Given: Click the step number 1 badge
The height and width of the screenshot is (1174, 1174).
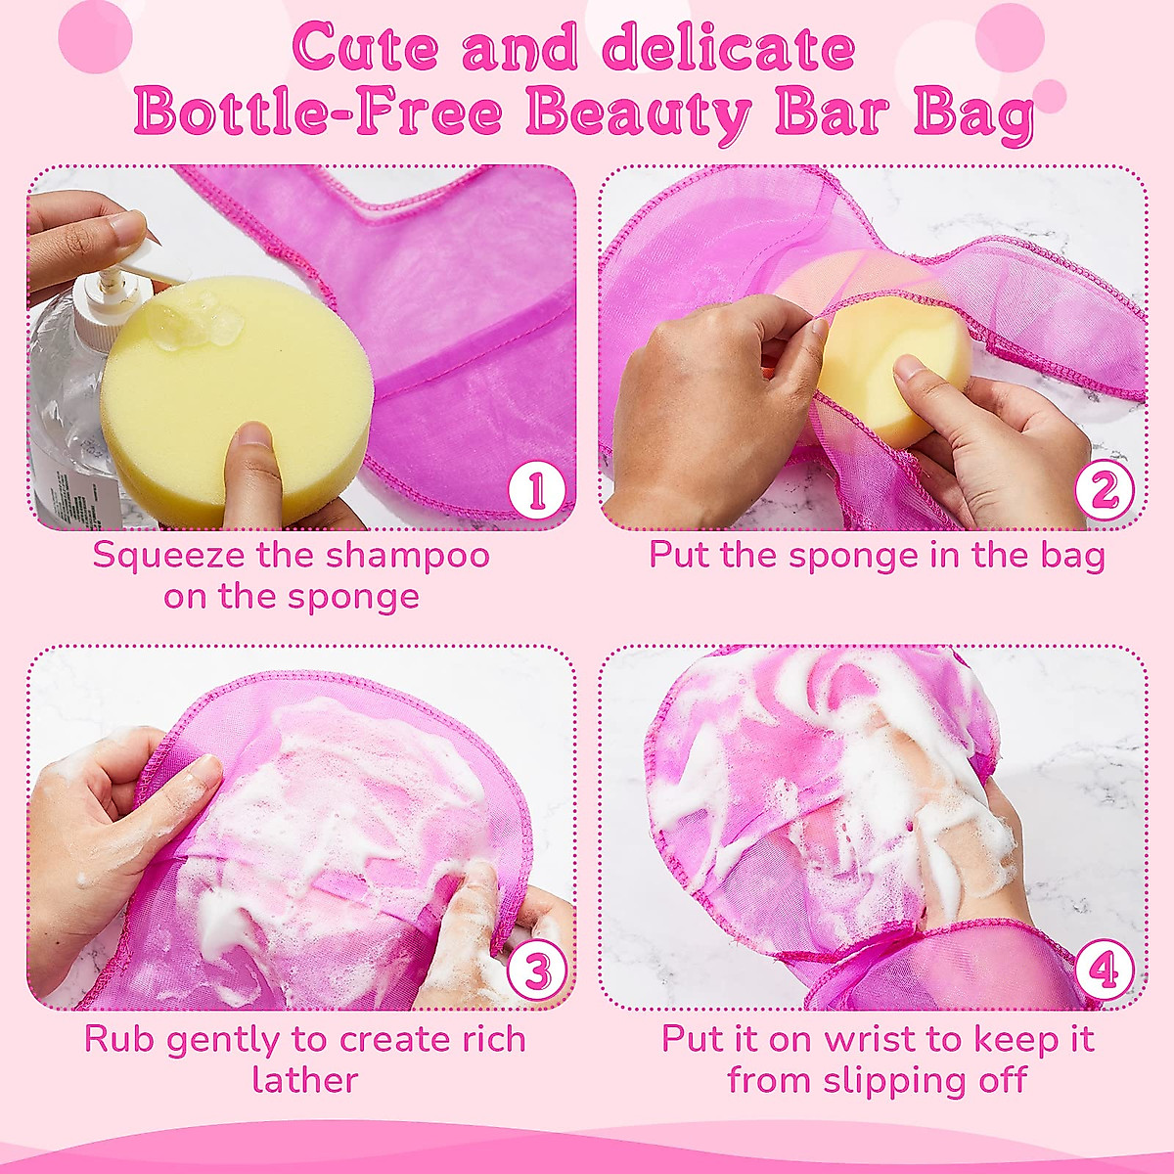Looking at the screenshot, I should pos(536,491).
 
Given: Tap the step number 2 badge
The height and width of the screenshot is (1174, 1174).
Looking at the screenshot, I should pos(1105,491).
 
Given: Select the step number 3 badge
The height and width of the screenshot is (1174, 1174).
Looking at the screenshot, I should pos(536,971).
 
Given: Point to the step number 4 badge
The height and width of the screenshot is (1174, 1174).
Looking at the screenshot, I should pos(1105,971).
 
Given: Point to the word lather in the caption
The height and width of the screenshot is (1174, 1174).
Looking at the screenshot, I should pos(304,1080).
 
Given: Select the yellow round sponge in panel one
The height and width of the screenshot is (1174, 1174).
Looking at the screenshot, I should pos(235,401).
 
